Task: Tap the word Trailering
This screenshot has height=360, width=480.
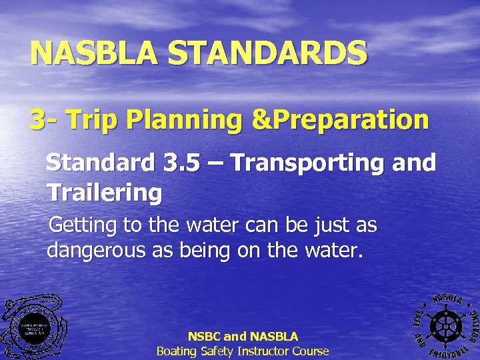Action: [104, 193]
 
